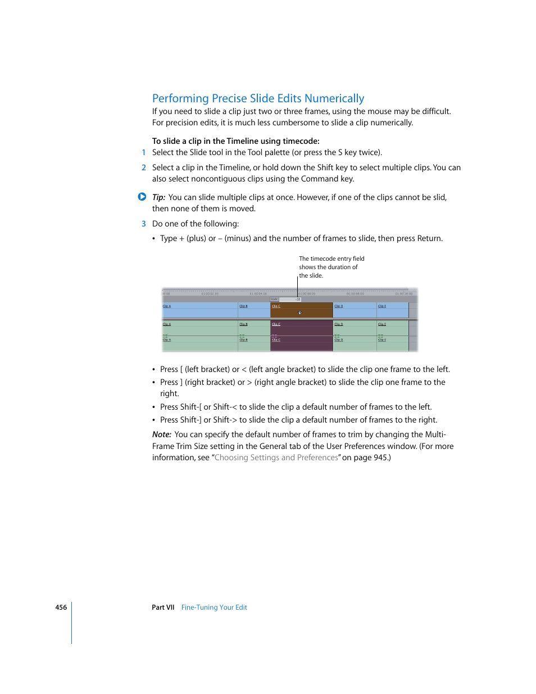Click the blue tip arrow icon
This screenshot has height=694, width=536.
click(142, 197)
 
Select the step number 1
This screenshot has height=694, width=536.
click(144, 152)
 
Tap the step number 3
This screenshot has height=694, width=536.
click(144, 224)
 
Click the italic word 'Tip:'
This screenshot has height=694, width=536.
click(158, 197)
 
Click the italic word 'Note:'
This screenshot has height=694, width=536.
click(161, 434)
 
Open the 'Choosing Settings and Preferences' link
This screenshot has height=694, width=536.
click(276, 457)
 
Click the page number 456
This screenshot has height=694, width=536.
click(61, 607)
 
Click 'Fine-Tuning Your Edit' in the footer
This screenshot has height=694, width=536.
click(214, 607)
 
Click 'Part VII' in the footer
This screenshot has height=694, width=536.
click(163, 607)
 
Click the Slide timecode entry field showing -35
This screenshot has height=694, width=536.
click(290, 300)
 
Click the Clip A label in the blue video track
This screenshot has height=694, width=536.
click(166, 306)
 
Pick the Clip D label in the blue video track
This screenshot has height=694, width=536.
click(338, 306)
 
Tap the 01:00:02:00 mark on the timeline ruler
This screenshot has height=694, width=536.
click(210, 293)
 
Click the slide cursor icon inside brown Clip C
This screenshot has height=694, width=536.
click(299, 312)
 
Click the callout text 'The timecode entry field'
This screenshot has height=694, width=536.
click(331, 258)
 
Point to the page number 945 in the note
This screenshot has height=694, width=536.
click(381, 457)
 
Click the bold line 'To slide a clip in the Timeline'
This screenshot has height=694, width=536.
click(235, 141)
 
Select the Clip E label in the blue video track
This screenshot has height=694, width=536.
click(381, 306)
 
